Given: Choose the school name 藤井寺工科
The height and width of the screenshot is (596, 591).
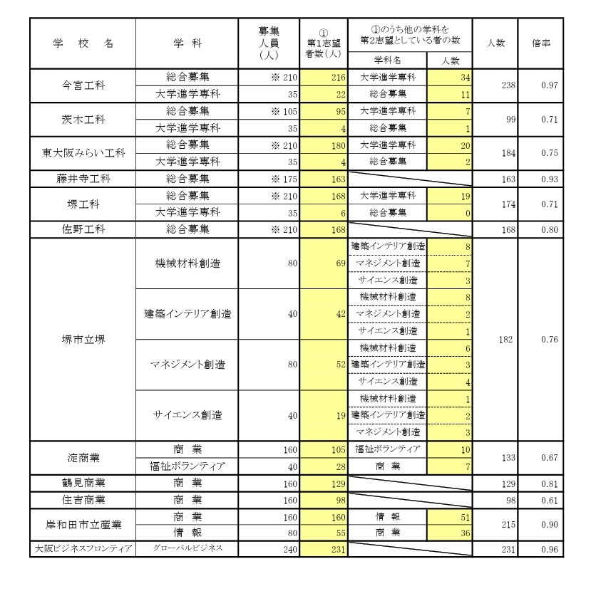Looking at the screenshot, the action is point(82,179).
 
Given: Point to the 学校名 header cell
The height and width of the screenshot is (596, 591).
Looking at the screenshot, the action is point(82,43).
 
